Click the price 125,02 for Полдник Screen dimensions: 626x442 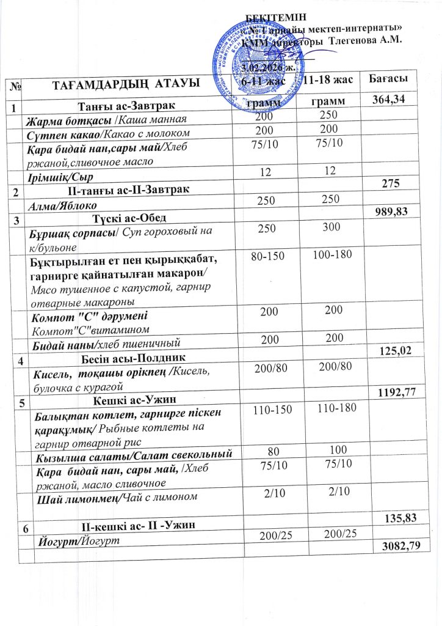tap(407, 350)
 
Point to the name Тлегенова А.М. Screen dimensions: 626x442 tap(366, 41)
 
